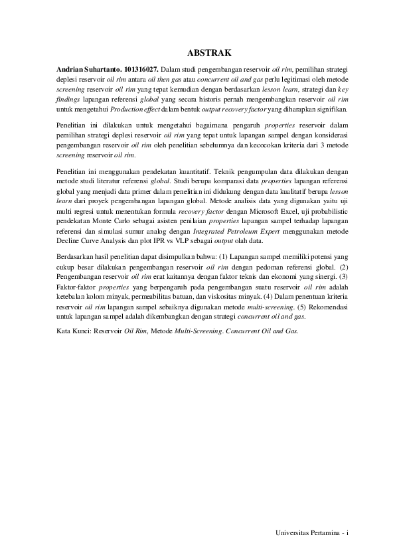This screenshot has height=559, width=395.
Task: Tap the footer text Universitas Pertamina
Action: pyautogui.click(x=305, y=533)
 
